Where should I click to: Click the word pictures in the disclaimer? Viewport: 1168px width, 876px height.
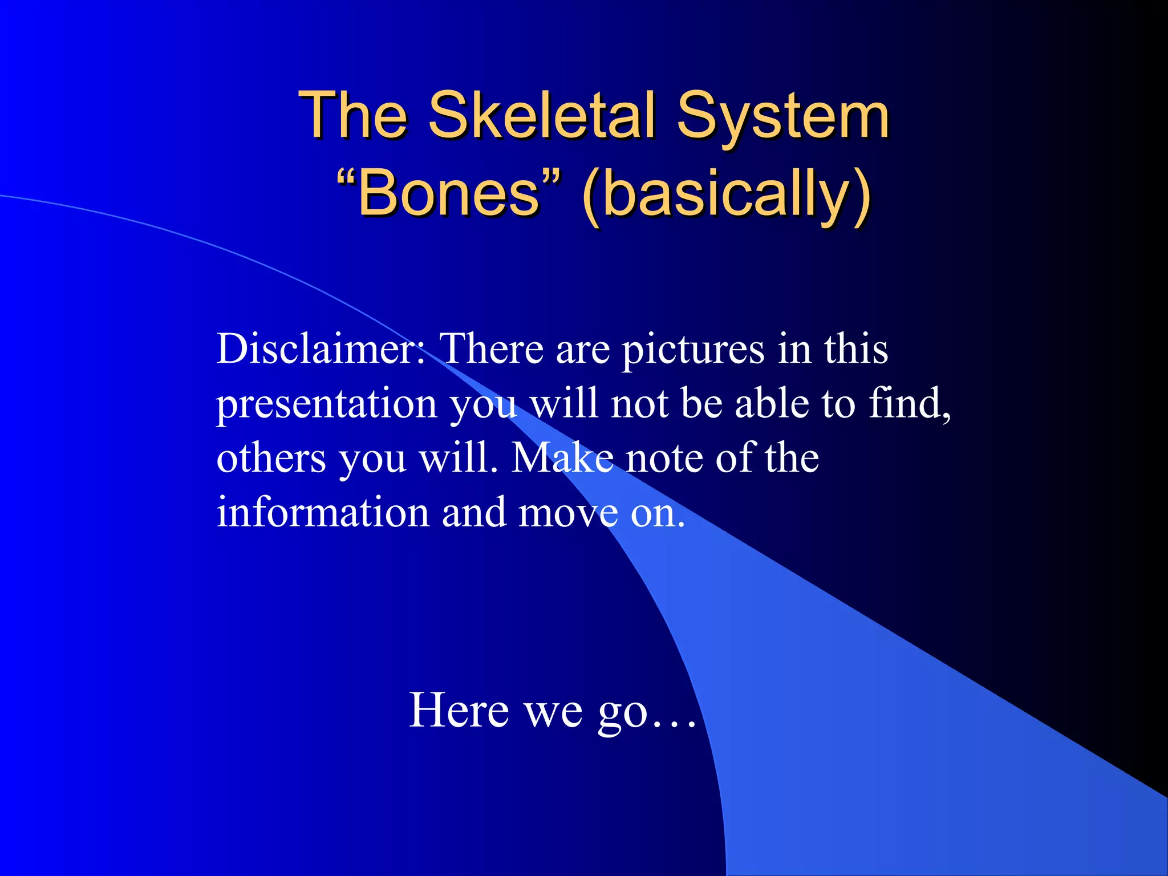tap(692, 349)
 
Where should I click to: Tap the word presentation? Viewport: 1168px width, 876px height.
tap(326, 404)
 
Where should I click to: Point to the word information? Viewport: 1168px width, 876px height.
tap(323, 512)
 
